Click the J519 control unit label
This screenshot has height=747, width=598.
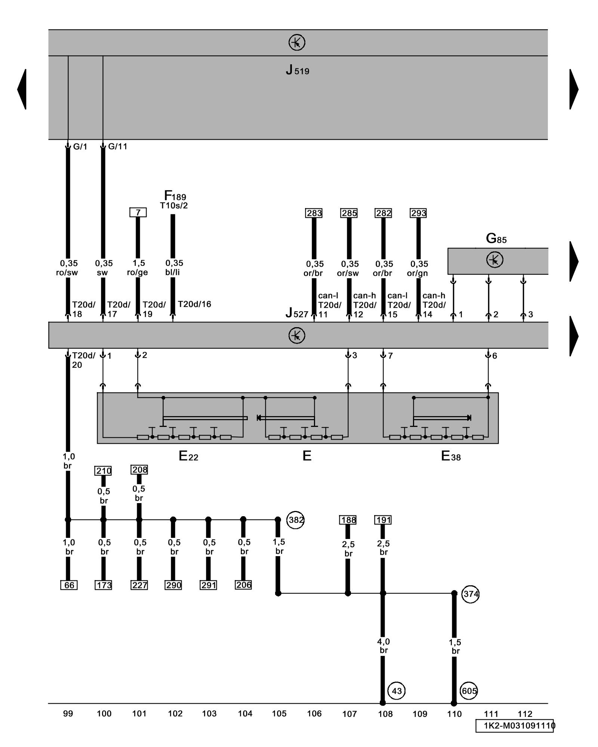click(297, 70)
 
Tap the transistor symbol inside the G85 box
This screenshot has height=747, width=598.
click(494, 260)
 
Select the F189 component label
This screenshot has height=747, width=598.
click(175, 196)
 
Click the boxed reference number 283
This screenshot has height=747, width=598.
click(314, 213)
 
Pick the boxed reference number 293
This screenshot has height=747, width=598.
click(418, 213)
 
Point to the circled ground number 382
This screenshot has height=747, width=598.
click(295, 520)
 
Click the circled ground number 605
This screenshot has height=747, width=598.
click(469, 691)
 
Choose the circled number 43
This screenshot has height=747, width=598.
click(397, 691)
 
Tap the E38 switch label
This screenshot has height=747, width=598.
click(451, 456)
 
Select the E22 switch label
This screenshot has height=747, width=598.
click(188, 456)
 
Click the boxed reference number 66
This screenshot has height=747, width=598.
click(69, 585)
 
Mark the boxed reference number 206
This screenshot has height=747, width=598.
click(243, 585)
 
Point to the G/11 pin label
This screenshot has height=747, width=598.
click(117, 146)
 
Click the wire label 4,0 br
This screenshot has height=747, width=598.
click(383, 646)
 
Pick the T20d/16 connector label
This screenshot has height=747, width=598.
click(194, 304)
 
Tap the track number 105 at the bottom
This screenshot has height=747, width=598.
click(279, 714)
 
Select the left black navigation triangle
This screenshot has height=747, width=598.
click(22, 89)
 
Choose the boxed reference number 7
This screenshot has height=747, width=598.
click(138, 213)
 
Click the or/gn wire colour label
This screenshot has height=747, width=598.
click(417, 273)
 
